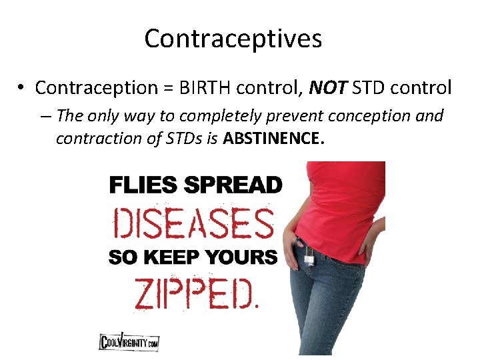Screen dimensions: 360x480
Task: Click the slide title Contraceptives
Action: [233, 39]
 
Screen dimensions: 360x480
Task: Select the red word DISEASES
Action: [194, 223]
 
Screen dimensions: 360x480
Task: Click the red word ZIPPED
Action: [195, 294]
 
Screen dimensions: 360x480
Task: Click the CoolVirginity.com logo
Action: [129, 342]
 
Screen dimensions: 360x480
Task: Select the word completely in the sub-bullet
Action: [217, 116]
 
